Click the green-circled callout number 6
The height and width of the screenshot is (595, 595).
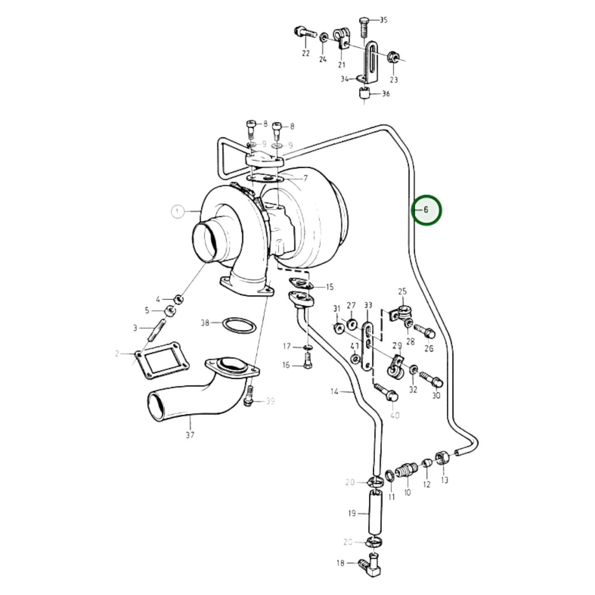426,210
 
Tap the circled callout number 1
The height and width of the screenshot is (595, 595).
177,212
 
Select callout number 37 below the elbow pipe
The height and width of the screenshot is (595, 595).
189,434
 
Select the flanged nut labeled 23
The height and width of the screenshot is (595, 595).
393,58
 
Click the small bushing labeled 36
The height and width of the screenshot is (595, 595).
364,94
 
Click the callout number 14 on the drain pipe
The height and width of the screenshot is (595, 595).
334,391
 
